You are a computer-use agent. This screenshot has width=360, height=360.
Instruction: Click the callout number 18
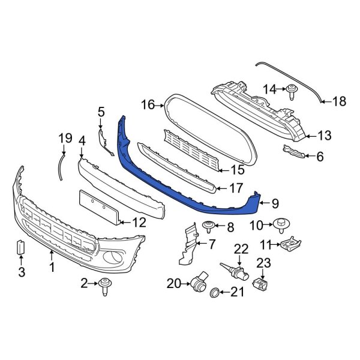pos(340,101)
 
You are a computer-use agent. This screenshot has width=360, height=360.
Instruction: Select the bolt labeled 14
pos(292,91)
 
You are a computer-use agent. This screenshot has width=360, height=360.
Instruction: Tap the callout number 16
pos(148,106)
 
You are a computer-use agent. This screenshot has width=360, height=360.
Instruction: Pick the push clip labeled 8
pos(209,226)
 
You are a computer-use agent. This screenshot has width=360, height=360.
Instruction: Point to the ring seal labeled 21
pos(214,293)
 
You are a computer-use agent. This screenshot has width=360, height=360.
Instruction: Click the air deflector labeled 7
pos(188,244)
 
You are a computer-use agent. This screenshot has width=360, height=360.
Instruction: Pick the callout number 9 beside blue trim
pos(275,203)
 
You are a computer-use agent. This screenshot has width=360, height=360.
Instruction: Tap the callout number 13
pos(324,136)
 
